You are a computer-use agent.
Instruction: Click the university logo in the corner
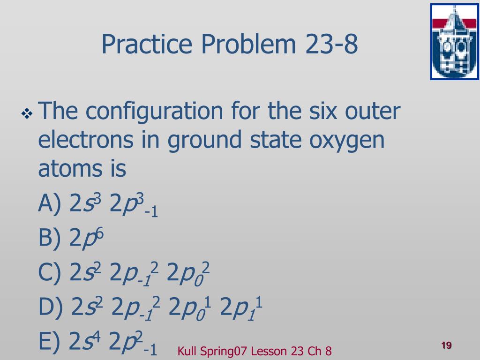pos(455,42)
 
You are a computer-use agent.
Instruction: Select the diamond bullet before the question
pos(27,114)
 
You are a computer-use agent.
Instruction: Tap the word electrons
pos(86,139)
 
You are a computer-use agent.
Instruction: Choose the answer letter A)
pos(50,203)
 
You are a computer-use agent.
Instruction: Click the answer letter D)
pos(51,307)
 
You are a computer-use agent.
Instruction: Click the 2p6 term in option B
pos(87,239)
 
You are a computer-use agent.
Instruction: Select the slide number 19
pos(446,345)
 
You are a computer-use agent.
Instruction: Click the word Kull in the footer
pos(187,351)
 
